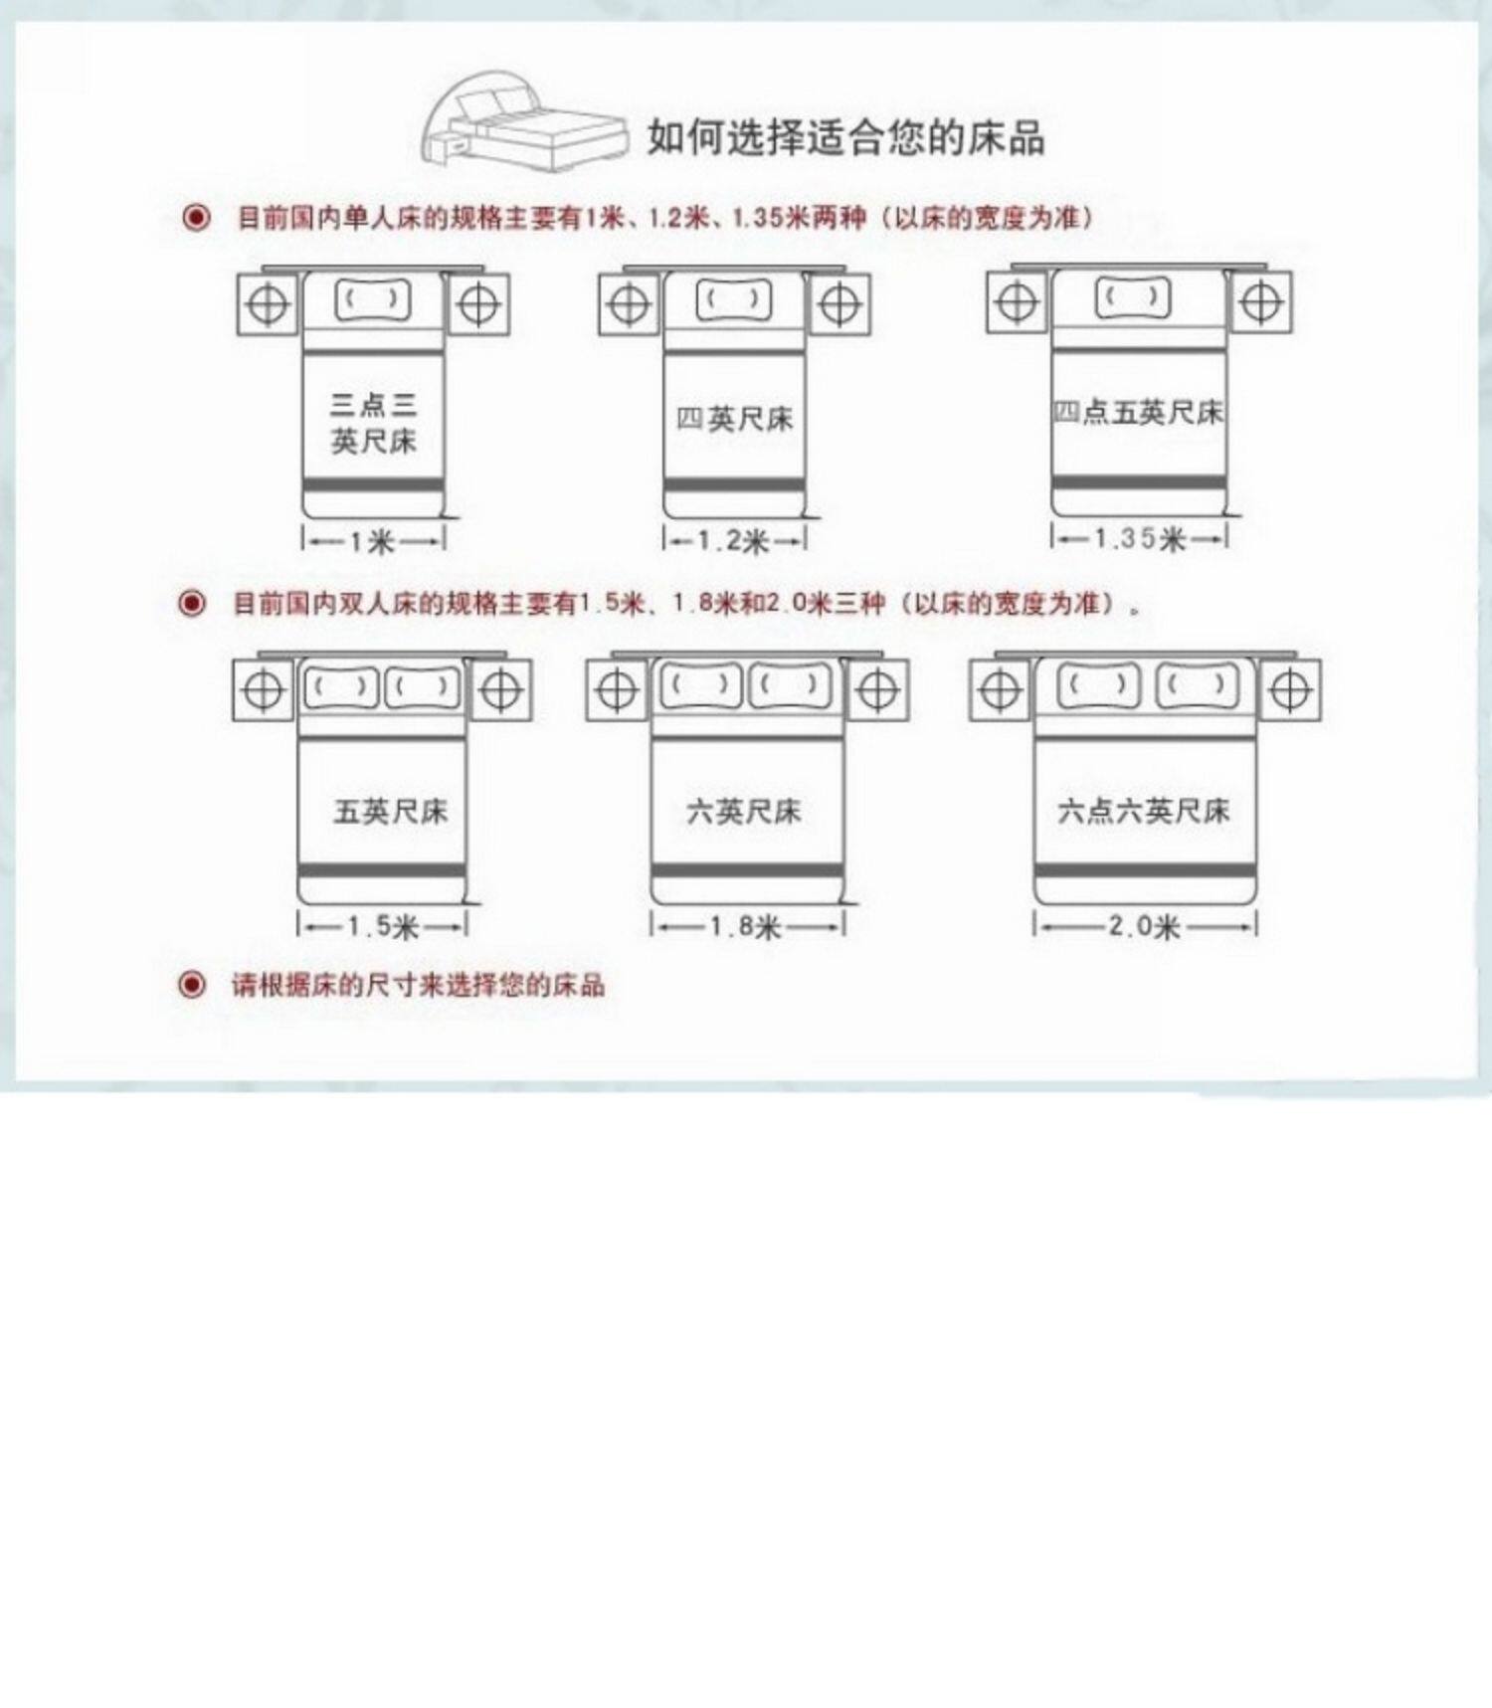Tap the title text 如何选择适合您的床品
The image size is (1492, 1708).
click(845, 137)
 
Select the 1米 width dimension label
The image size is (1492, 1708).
click(372, 541)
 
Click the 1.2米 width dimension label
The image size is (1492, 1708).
click(734, 541)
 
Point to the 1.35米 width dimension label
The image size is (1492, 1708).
click(1139, 538)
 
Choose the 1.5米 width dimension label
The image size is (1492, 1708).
click(382, 927)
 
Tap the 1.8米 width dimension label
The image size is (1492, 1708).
click(745, 927)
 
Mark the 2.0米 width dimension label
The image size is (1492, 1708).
click(1144, 926)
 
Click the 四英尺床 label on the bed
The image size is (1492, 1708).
click(734, 419)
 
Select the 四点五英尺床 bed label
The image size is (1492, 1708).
click(1139, 412)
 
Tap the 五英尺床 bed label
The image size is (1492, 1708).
click(390, 812)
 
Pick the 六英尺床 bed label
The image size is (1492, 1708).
click(744, 812)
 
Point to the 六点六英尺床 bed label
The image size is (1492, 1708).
click(1144, 811)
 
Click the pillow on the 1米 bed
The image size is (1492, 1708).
click(373, 299)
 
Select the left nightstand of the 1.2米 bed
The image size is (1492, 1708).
click(629, 304)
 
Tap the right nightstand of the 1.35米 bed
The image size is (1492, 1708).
click(1261, 302)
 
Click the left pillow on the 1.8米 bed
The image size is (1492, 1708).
click(700, 685)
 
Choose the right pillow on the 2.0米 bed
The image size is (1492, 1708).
click(1197, 685)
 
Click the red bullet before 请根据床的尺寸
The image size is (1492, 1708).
click(191, 985)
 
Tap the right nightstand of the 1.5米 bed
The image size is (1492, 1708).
click(500, 689)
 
